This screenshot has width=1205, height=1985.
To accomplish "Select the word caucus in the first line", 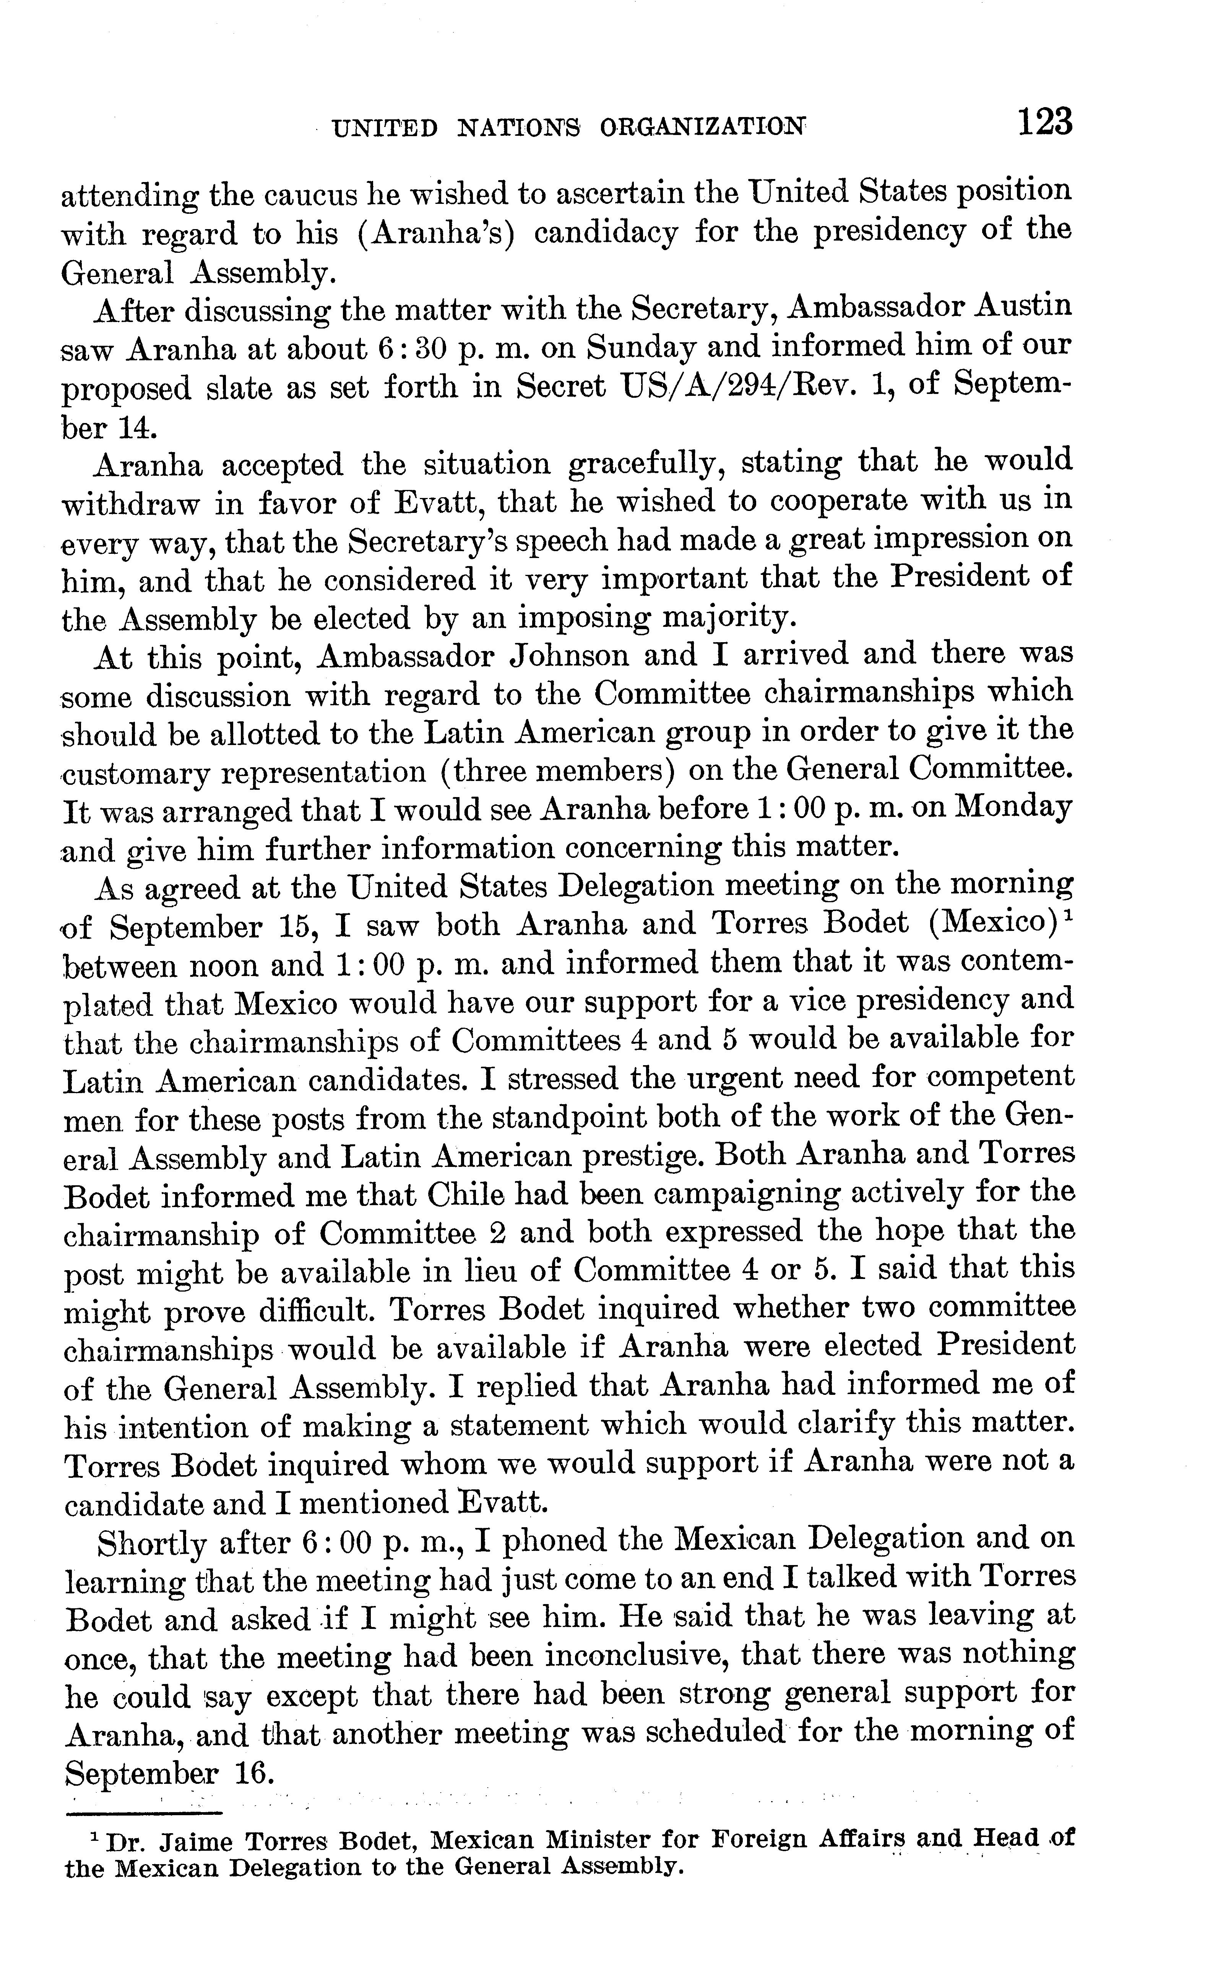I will coord(310,194).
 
